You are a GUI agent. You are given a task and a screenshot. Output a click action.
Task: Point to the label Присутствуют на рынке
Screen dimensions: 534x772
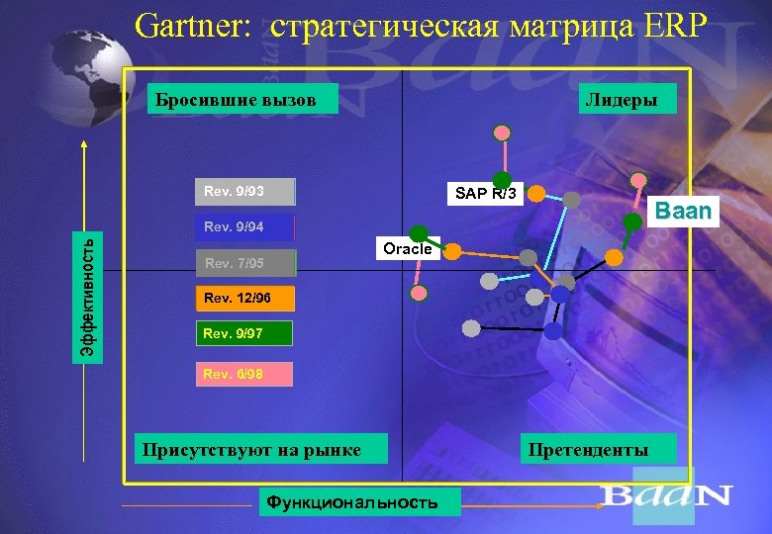coord(250,450)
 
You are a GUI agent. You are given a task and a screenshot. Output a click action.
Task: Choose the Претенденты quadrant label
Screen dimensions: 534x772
coord(589,450)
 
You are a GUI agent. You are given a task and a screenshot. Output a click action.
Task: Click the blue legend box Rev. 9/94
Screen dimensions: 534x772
coord(244,227)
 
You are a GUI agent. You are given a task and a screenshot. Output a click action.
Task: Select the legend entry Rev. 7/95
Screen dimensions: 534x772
coord(244,264)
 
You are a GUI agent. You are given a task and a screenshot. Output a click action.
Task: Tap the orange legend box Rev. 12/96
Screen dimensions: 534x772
coord(244,298)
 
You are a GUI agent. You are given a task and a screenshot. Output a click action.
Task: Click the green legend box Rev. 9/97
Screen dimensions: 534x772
coord(244,334)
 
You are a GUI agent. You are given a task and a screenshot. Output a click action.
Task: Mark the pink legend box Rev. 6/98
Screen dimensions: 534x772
coord(244,374)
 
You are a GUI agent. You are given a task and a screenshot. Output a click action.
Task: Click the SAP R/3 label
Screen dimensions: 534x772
coord(485,194)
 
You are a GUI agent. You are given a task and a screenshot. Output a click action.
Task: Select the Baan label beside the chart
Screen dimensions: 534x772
coord(683,212)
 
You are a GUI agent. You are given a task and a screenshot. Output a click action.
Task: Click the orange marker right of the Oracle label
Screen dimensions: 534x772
coord(451,251)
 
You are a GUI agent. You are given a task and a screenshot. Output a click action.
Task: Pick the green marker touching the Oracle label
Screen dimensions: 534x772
coord(420,234)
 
